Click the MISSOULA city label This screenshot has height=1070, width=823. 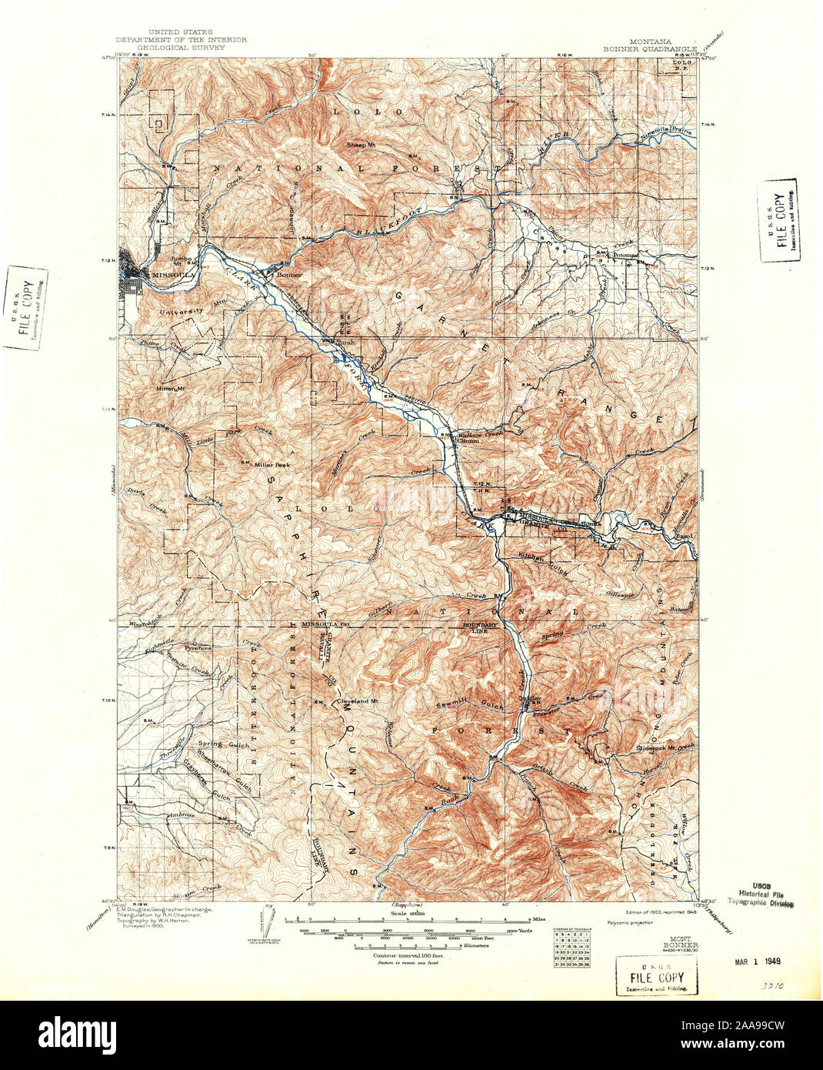174,274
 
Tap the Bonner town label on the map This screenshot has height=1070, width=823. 288,275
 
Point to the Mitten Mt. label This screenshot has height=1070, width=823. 172,389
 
